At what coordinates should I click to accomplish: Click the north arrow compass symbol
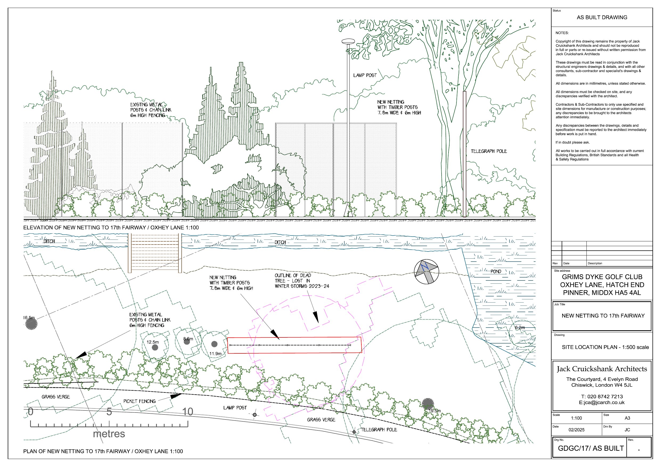426,271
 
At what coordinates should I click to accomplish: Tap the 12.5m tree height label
153,342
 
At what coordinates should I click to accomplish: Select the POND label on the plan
496,271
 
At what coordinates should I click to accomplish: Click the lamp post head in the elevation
348,42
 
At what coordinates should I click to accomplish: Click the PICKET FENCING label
139,401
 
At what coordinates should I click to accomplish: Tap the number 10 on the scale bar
188,412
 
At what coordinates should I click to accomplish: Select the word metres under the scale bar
109,434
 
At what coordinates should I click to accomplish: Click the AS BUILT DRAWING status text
602,18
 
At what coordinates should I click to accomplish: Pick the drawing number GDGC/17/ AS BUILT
591,448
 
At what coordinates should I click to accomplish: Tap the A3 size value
627,418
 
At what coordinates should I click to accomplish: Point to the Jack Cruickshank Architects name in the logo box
602,369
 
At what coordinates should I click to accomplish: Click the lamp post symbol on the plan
255,415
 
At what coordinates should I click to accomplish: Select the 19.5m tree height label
435,411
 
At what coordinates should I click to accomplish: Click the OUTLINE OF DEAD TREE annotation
302,281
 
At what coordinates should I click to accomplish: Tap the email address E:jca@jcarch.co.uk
602,403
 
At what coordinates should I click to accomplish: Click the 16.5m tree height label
29,318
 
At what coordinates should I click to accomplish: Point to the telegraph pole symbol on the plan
354,432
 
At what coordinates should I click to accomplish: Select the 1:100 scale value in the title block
576,418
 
